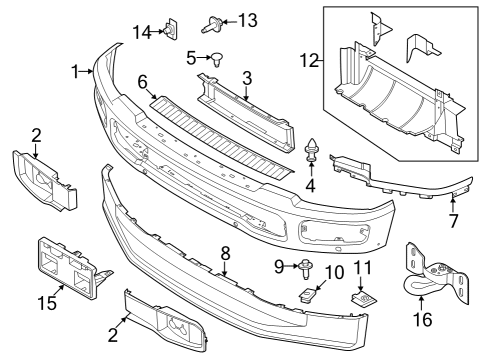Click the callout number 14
[x=142, y=32]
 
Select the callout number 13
[x=246, y=20]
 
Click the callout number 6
[x=143, y=80]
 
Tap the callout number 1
[x=76, y=71]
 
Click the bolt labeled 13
[x=213, y=20]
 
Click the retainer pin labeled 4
[x=311, y=153]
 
